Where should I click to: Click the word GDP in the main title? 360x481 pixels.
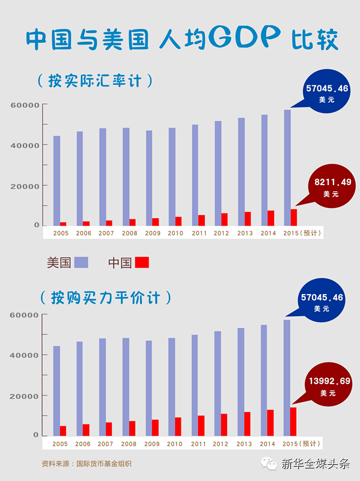click(245, 37)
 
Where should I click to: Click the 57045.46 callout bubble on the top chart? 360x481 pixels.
click(326, 91)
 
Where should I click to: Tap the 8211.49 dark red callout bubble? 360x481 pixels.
click(332, 186)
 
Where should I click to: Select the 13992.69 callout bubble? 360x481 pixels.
click(328, 385)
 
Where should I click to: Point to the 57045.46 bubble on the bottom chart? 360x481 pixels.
click(322, 300)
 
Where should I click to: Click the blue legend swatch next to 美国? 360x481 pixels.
click(81, 263)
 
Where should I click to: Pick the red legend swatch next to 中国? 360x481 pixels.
click(142, 263)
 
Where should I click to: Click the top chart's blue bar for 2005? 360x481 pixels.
click(56, 181)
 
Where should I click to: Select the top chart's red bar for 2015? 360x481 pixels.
click(294, 218)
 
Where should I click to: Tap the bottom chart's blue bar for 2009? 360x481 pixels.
click(148, 388)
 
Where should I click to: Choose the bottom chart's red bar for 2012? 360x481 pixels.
click(224, 425)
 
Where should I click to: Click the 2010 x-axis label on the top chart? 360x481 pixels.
click(175, 233)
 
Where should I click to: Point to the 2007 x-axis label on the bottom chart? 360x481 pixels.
click(106, 444)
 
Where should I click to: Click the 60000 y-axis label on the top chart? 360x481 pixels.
click(25, 105)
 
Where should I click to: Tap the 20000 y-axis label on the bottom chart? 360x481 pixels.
click(24, 396)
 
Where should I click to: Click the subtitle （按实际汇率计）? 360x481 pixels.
click(95, 81)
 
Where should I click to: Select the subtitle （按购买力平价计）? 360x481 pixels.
click(106, 298)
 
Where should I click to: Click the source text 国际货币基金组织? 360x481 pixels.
click(104, 464)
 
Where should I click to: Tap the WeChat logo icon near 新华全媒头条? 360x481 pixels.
click(269, 463)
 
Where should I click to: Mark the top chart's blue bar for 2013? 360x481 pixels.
click(242, 172)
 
